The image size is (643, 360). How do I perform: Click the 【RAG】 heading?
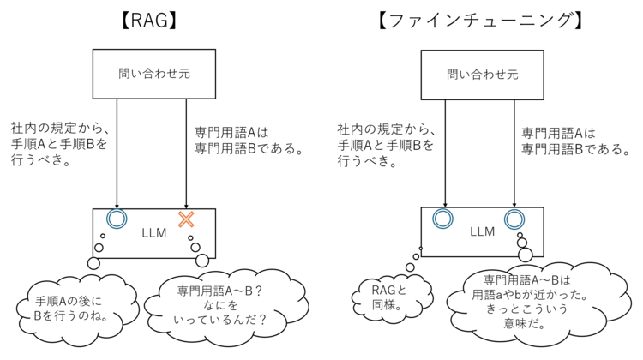[150, 21]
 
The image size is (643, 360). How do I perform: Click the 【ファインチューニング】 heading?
[480, 21]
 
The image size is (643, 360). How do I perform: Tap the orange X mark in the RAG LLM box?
[186, 219]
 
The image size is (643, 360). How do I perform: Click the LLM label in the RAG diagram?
[154, 233]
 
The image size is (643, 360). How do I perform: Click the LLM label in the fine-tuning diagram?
[482, 231]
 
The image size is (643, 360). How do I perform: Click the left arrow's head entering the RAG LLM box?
[117, 207]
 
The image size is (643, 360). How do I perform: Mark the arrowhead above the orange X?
[186, 207]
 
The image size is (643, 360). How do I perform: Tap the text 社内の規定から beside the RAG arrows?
[60, 129]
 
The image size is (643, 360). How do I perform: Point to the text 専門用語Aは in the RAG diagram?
[231, 133]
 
